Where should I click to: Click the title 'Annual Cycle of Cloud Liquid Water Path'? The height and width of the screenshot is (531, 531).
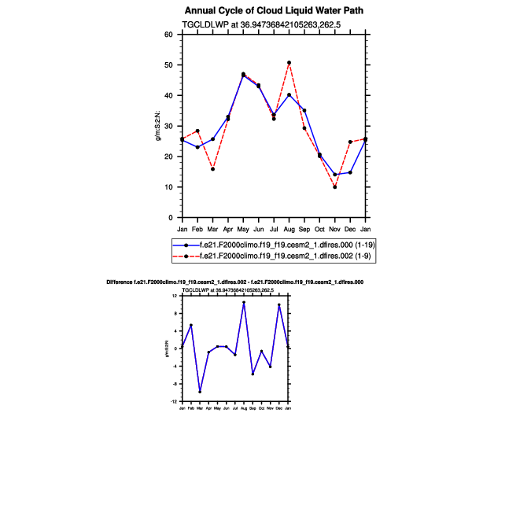[274, 11]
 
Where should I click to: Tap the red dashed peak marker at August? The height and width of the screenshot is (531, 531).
[289, 62]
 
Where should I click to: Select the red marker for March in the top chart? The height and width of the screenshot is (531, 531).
[213, 169]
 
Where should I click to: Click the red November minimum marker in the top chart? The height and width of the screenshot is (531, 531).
[335, 187]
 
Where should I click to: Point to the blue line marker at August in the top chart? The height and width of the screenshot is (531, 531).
[289, 95]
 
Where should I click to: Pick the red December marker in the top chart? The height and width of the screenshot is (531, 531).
[350, 142]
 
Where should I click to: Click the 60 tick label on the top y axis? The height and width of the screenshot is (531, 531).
[168, 35]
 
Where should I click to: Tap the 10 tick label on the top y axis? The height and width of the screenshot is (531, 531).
[168, 187]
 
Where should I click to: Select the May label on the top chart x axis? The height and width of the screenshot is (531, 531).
[243, 228]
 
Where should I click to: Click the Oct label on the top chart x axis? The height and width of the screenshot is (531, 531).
[319, 228]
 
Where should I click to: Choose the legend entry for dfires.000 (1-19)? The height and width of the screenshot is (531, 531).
[287, 245]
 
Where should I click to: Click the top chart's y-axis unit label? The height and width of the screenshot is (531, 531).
[158, 126]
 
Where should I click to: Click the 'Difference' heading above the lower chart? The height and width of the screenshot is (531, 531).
[234, 282]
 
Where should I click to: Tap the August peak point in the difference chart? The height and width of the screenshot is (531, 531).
[244, 302]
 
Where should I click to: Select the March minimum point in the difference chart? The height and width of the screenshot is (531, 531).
[200, 392]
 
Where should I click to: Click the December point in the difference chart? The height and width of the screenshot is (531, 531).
[279, 305]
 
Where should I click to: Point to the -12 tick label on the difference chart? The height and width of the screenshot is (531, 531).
[174, 401]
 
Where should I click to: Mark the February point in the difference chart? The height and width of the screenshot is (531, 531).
[191, 325]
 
